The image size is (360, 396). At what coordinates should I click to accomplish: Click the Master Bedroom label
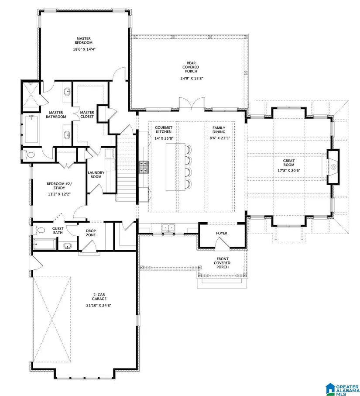click(83, 41)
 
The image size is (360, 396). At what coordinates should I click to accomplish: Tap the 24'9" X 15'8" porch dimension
click(192, 78)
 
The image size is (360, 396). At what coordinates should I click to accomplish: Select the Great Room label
click(289, 163)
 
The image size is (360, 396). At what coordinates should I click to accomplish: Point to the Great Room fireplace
click(333, 167)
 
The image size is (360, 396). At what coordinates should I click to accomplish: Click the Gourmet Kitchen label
click(164, 130)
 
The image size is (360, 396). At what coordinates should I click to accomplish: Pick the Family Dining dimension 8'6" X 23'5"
click(219, 138)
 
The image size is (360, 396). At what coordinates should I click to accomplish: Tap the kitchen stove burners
click(144, 167)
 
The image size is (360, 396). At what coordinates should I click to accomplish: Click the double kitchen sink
click(168, 228)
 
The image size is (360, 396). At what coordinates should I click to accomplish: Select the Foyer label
click(222, 233)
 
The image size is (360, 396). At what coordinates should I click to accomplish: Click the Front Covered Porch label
click(222, 263)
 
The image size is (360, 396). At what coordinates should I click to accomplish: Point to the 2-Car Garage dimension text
click(99, 305)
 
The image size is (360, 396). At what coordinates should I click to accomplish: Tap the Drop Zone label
click(91, 233)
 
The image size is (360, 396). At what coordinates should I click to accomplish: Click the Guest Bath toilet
click(39, 230)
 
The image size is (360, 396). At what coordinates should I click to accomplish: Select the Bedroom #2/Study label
click(59, 186)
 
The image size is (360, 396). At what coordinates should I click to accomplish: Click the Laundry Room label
click(96, 175)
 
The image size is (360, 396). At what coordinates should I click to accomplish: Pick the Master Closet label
click(87, 114)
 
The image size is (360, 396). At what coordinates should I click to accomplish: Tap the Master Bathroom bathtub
click(31, 129)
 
